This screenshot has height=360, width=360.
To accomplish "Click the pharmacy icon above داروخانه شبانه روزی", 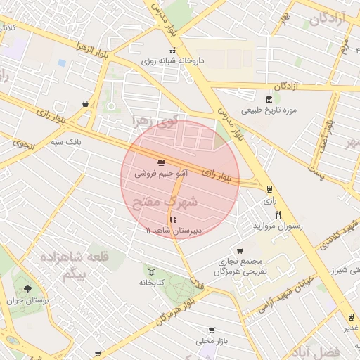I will (x=173, y=51).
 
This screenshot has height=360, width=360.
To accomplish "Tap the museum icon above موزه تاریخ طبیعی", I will (x=269, y=98).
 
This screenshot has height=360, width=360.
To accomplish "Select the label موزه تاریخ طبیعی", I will (x=270, y=110).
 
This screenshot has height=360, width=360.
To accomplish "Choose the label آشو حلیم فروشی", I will (x=162, y=172).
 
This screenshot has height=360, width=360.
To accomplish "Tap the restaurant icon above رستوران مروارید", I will (x=278, y=215).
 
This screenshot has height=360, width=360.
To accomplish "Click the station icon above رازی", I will (x=269, y=188).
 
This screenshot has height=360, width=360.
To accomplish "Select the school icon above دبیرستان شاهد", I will (x=173, y=219).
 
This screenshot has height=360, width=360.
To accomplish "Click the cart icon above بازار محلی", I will (x=212, y=330).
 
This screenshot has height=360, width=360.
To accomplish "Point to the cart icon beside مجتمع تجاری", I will (x=240, y=251).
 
